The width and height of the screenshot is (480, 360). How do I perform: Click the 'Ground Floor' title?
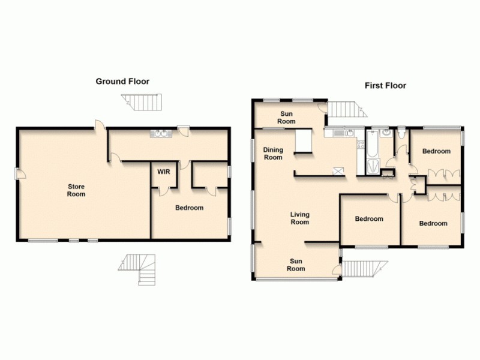[122, 81]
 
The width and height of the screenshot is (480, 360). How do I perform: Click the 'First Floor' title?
[385, 86]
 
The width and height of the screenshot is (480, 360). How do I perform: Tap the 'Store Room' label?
[76, 190]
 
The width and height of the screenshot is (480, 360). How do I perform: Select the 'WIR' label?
[163, 172]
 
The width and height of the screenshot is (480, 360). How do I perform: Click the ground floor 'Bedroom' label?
[189, 208]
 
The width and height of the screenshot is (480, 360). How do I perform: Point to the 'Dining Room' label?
[273, 154]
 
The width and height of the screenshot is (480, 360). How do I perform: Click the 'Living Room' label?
[299, 218]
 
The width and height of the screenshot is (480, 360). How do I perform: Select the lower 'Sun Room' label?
[296, 265]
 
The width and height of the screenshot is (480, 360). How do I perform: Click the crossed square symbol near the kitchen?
[340, 172]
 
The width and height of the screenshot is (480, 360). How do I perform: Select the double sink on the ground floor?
[161, 134]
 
